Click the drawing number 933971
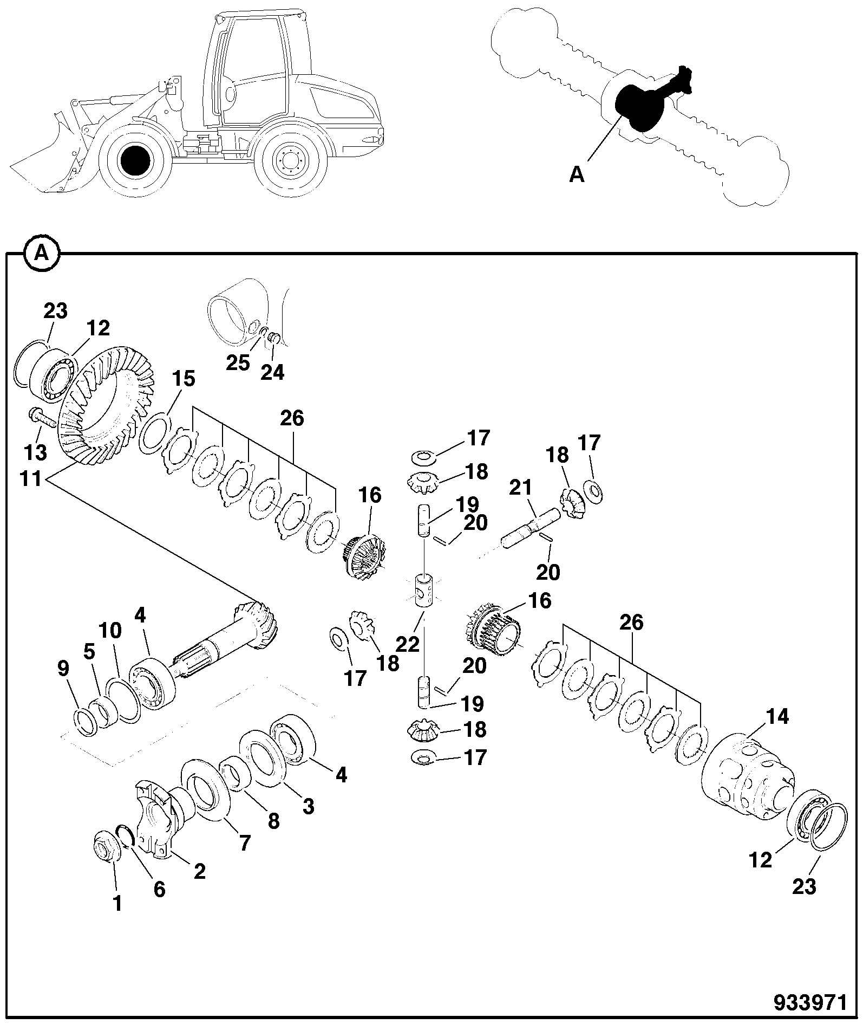pyautogui.click(x=810, y=1002)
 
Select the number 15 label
pyautogui.click(x=184, y=379)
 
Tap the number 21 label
pyautogui.click(x=521, y=488)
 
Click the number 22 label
pyautogui.click(x=407, y=644)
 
